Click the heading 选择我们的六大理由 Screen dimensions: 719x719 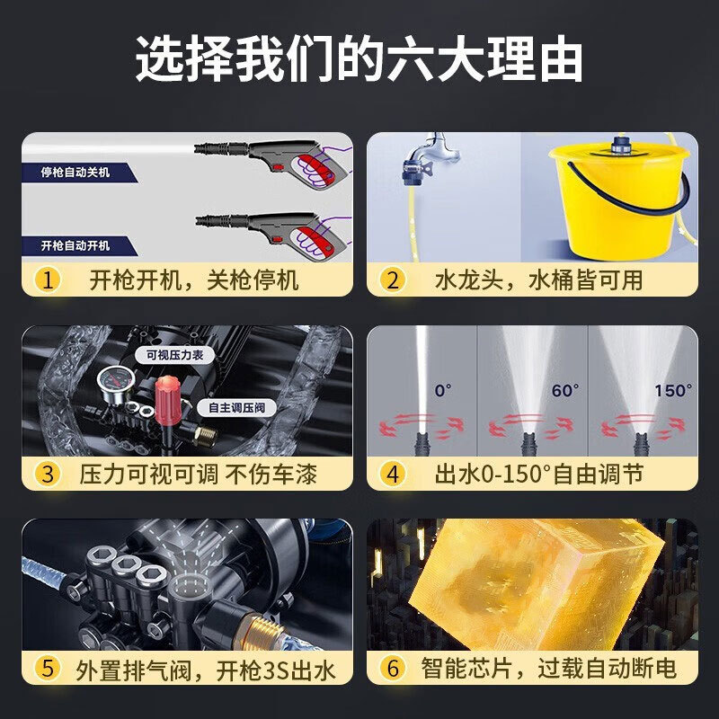[359, 61]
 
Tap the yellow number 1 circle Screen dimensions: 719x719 [49, 280]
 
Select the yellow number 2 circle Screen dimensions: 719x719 [392, 280]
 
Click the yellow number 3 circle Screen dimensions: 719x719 [49, 473]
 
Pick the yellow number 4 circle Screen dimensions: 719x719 [392, 473]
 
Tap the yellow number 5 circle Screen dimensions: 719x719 [49, 668]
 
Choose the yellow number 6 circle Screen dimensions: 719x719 [392, 668]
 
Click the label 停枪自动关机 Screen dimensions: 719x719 [76, 172]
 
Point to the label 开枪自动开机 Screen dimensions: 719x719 [76, 244]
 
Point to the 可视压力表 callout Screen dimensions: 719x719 [174, 355]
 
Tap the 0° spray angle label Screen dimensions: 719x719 [443, 391]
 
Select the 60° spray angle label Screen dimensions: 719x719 [564, 391]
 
